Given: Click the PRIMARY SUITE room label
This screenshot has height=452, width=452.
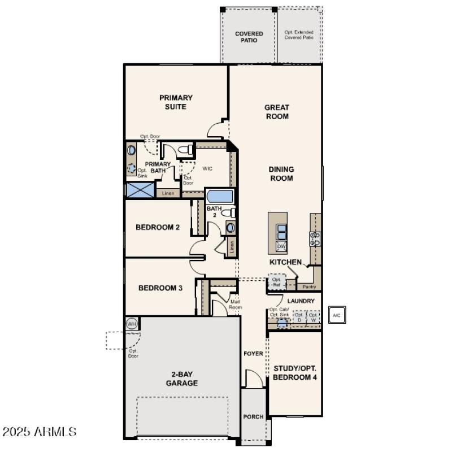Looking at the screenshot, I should coord(176,102).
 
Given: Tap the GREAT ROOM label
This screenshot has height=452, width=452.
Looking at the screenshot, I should coord(277,112).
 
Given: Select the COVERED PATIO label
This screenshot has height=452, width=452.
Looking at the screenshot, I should coord(249,37).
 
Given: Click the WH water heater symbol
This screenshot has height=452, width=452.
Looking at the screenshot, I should coord(132,324).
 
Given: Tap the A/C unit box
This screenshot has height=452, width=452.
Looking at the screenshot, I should coord(337,315).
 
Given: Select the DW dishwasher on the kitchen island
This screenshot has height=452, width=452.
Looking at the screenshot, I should coord(281,247).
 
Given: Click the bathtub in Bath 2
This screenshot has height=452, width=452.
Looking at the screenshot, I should coord(219,197).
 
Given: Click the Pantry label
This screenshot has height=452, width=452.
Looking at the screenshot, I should coord(309,286).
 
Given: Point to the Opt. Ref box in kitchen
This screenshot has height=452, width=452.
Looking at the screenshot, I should coord(276,282).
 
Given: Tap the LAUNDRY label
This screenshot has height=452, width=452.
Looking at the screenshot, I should coord(301,301).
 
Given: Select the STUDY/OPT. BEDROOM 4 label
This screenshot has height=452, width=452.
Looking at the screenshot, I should coord(295,372).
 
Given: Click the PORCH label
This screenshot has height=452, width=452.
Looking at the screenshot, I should coord(254,417).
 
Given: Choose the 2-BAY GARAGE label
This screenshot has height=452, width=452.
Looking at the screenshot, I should coord(182,379).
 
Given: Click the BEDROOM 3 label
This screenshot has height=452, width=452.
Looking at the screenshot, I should coord(160,288).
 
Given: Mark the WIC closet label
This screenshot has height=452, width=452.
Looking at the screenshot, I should coord(207,168).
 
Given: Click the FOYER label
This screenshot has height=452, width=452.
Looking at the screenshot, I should coord(253,354).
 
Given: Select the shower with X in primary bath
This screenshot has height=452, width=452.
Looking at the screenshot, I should coord(140,190).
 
